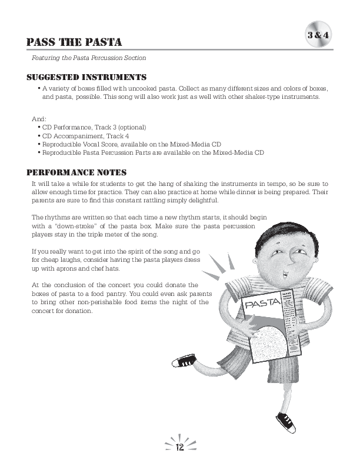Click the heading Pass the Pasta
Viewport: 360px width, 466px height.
(74, 42)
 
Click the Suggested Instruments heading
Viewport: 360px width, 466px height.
(86, 77)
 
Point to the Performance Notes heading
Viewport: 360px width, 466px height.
(77, 172)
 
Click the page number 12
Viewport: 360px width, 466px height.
(180, 448)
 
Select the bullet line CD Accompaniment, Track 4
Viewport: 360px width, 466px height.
(86, 136)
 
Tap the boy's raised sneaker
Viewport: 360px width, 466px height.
(184, 360)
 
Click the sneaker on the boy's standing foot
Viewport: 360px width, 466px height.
(286, 421)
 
